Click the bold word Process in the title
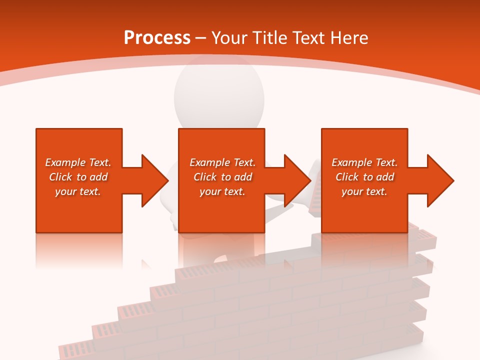pos(157,38)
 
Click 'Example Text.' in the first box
pos(78,162)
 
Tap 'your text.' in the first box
pos(78,191)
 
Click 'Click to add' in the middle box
pos(222,177)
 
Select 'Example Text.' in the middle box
pos(222,162)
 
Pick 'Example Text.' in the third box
pos(364,162)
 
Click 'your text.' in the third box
pos(364,191)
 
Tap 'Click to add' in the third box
pos(364,177)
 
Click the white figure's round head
pos(219,95)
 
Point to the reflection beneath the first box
pos(79,250)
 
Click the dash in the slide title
pos(200,38)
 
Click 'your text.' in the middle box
pos(222,191)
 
